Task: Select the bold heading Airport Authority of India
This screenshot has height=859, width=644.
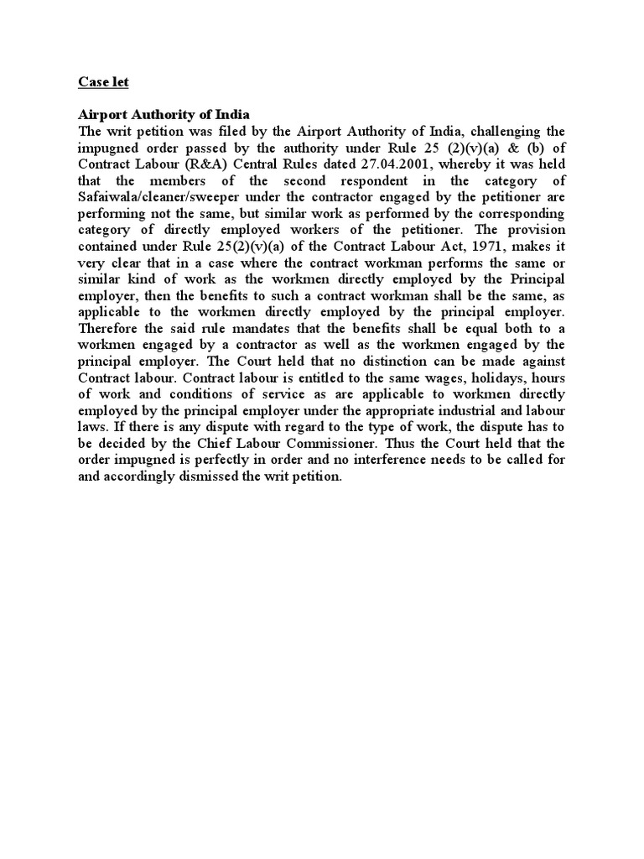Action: coord(164,114)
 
